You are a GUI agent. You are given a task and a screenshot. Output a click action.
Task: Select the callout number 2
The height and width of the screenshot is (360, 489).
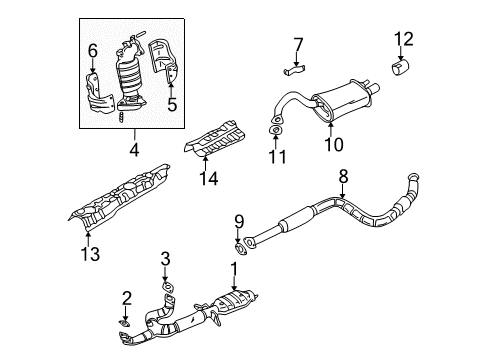(x=127, y=296)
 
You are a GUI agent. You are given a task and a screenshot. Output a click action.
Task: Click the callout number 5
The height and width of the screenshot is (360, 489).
(x=171, y=101)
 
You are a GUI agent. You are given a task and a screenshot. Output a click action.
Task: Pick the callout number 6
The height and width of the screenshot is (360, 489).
(x=92, y=50)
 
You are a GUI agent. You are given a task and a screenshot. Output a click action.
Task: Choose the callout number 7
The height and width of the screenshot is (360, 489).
(x=297, y=43)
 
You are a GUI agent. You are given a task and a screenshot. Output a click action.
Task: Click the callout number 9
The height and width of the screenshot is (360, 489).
(x=239, y=221)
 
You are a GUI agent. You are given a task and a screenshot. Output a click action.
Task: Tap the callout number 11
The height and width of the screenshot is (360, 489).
(x=276, y=157)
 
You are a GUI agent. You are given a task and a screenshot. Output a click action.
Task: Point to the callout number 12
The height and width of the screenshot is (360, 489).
(x=403, y=39)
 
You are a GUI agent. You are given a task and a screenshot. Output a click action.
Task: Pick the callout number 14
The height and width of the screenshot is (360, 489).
(x=208, y=180)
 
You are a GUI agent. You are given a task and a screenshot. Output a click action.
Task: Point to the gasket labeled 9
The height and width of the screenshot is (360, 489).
(x=239, y=241)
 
